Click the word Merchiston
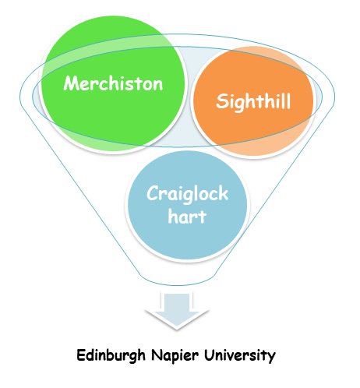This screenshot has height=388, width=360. click(x=113, y=84)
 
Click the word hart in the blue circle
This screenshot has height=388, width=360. click(x=187, y=216)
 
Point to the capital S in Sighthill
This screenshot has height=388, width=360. click(x=221, y=101)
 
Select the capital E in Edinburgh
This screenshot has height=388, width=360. click(x=82, y=356)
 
